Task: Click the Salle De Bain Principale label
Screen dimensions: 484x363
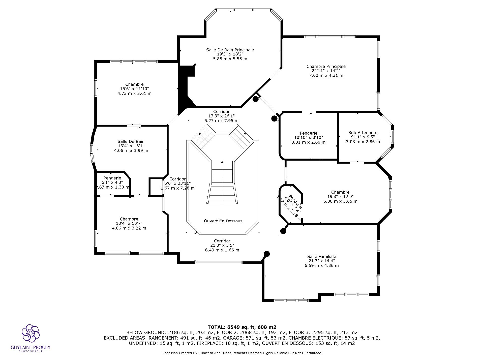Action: tap(230, 50)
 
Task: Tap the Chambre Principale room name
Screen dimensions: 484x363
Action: tap(326, 67)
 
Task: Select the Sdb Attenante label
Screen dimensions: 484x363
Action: tap(363, 133)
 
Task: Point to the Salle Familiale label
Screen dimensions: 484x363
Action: tap(321, 256)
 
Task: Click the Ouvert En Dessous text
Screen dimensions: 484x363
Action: tap(223, 221)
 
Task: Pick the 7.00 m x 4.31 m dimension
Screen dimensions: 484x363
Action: tap(326, 75)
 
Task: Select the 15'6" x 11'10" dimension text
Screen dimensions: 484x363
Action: tap(134, 89)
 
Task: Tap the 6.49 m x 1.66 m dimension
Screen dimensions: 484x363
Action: tap(222, 250)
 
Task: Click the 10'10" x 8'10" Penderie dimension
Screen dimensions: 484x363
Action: tap(308, 138)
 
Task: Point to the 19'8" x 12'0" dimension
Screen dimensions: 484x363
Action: tap(340, 197)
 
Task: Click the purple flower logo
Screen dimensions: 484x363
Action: tap(31, 333)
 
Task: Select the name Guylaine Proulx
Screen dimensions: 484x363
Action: tap(31, 347)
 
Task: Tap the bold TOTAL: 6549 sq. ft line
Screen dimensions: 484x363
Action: tap(242, 327)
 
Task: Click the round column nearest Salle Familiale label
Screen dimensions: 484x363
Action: tap(267, 254)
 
